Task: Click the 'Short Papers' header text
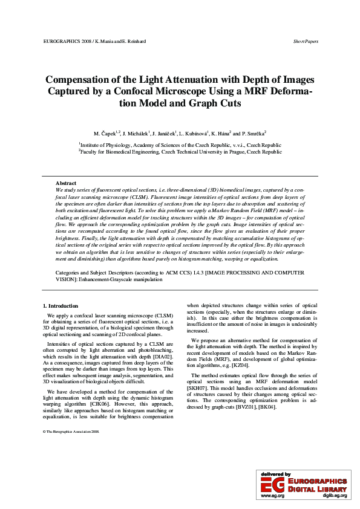[x=306, y=41]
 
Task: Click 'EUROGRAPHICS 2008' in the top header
[x=65, y=41]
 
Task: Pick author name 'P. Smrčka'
[x=252, y=132]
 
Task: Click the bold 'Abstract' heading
[x=65, y=183]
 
